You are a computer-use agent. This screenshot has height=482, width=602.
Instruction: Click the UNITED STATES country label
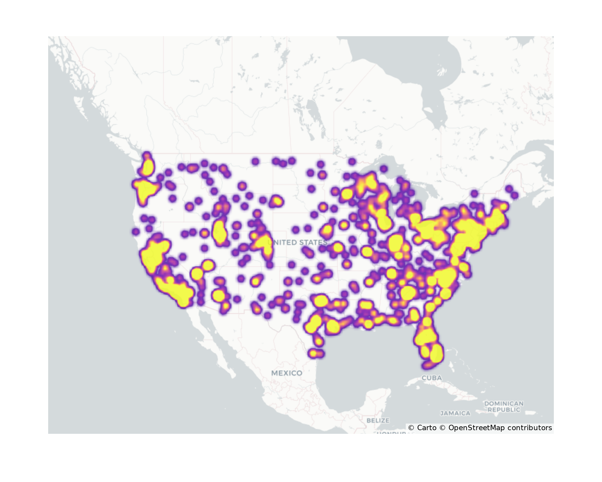297,242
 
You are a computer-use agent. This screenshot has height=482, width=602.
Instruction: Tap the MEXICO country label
287,373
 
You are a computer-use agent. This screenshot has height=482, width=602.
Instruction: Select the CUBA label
432,378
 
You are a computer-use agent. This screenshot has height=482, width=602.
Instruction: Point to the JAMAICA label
455,413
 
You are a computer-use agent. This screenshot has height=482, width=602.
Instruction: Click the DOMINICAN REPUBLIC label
504,406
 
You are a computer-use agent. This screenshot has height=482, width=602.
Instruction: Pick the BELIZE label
378,420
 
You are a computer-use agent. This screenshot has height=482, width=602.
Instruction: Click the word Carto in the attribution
427,428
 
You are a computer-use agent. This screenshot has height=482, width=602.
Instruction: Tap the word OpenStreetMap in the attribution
476,428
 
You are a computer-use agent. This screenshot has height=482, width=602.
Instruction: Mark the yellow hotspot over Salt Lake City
220,232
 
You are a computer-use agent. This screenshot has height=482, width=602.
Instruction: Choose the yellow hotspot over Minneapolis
347,194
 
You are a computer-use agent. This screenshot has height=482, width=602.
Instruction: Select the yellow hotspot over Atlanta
408,293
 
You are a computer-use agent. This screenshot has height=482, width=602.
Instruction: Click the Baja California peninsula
211,340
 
